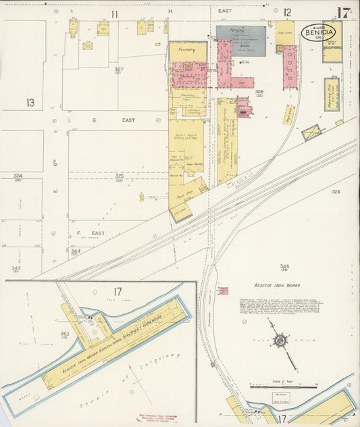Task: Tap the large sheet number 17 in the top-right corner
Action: (344, 12)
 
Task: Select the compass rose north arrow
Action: (278, 341)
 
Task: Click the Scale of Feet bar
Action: (283, 387)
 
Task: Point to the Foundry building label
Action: (187, 50)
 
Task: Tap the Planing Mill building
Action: (332, 94)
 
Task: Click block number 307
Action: (119, 70)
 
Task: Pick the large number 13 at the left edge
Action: (30, 103)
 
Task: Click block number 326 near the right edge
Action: (336, 192)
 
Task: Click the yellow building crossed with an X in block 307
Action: (88, 46)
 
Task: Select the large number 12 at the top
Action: (287, 12)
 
